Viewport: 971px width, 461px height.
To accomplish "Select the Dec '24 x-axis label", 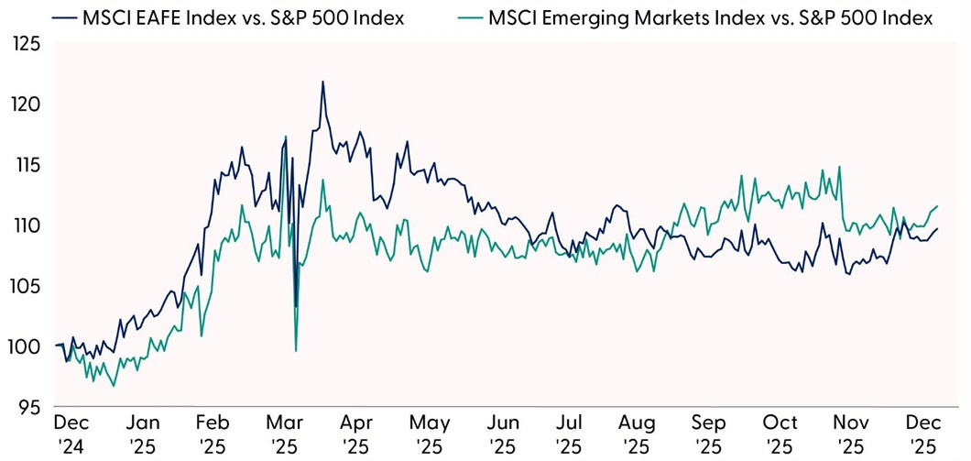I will click(71, 434).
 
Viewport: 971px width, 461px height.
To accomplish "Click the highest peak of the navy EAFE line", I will click(322, 82).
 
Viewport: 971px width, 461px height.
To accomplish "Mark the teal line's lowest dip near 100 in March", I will click(296, 350).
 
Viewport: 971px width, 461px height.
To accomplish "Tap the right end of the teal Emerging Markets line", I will click(938, 206).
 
